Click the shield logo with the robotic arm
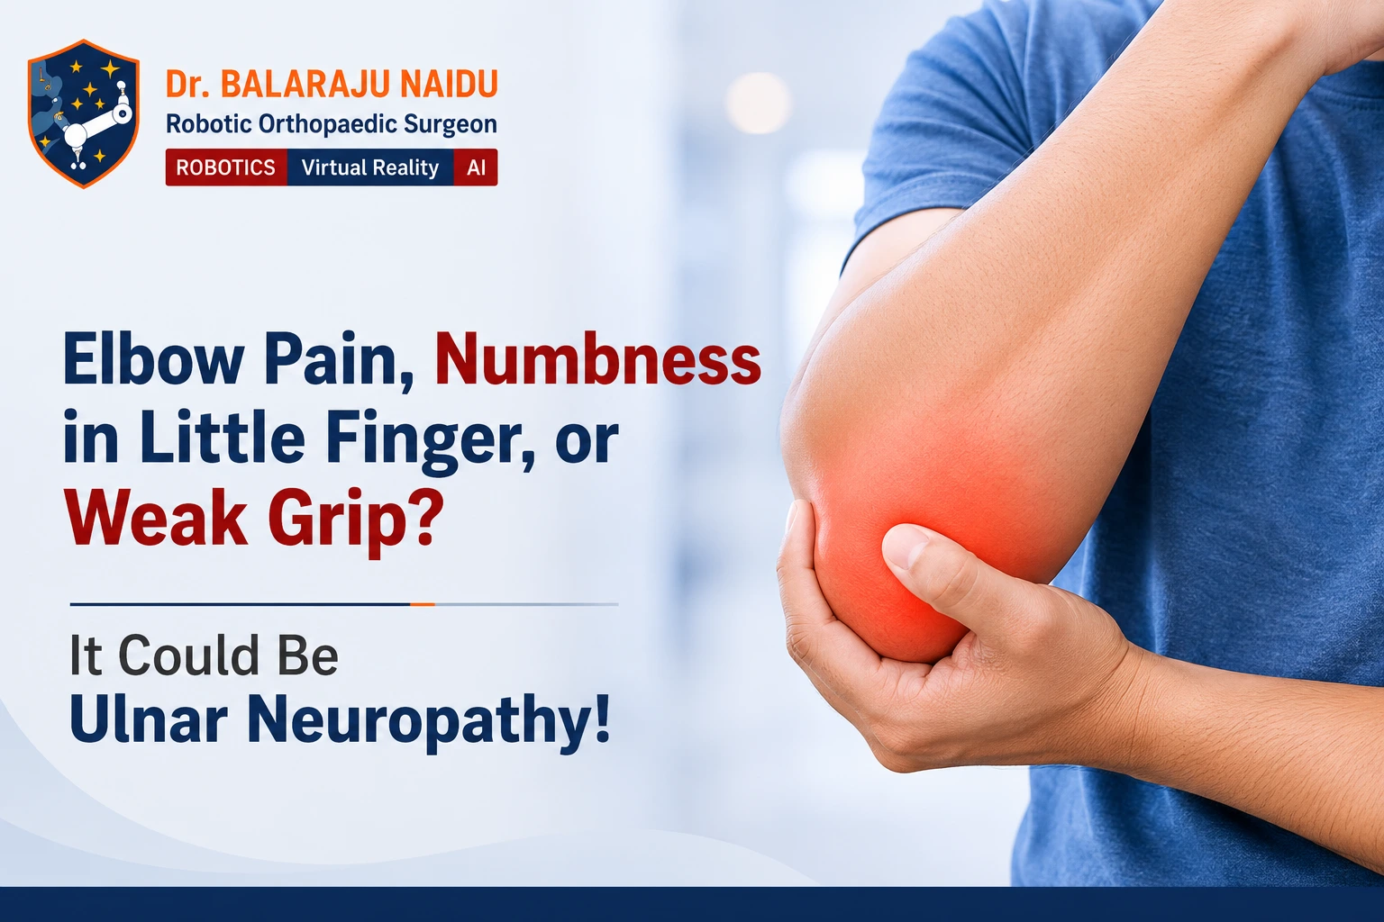(84, 113)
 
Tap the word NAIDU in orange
(450, 85)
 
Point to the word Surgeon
(451, 125)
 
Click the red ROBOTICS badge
(225, 167)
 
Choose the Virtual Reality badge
(370, 167)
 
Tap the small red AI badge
(476, 167)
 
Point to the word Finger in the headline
(430, 439)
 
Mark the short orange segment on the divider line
(423, 604)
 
